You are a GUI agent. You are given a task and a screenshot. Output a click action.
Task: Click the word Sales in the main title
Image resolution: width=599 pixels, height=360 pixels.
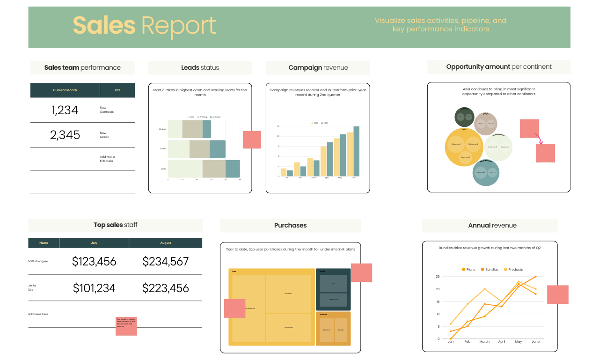coord(104,26)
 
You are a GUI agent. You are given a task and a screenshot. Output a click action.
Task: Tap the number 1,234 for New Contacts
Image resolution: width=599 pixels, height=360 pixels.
coord(65,110)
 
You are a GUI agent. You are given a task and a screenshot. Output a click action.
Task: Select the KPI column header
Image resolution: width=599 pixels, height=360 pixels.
coord(117,90)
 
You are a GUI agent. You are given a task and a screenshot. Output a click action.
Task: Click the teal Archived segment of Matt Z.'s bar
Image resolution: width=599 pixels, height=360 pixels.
coord(233,169)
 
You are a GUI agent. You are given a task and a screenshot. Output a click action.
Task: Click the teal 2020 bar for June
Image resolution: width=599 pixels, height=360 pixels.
coord(356,151)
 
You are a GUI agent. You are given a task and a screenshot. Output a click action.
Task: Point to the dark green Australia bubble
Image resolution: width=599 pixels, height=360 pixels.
coord(465,117)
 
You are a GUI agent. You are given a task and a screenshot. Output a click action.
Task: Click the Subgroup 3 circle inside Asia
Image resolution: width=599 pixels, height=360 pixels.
coord(465,157)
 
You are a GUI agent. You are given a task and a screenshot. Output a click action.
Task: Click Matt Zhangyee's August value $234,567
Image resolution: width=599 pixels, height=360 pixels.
coord(165,262)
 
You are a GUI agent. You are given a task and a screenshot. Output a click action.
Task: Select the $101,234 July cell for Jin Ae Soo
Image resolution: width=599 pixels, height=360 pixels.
coord(94,288)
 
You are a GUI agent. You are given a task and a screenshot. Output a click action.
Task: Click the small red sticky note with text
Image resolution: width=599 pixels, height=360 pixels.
coord(126,326)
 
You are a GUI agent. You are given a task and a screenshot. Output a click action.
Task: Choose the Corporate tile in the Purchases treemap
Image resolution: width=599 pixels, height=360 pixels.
coord(288,327)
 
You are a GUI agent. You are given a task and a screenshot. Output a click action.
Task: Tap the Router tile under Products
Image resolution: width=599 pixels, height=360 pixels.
coord(341,330)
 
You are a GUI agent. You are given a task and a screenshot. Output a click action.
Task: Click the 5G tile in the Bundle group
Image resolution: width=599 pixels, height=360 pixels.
coord(333,284)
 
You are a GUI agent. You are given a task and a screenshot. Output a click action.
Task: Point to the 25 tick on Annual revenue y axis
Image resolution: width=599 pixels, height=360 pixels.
coord(438,277)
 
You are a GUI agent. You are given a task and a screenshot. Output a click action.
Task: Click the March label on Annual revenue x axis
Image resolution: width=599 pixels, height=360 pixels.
coord(484,342)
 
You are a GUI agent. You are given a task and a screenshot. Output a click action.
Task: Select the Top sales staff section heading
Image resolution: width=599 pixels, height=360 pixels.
coord(116,225)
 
